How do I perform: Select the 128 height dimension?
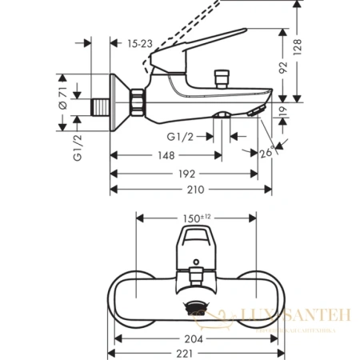point(322,51)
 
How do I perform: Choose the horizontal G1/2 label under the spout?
point(185,137)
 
